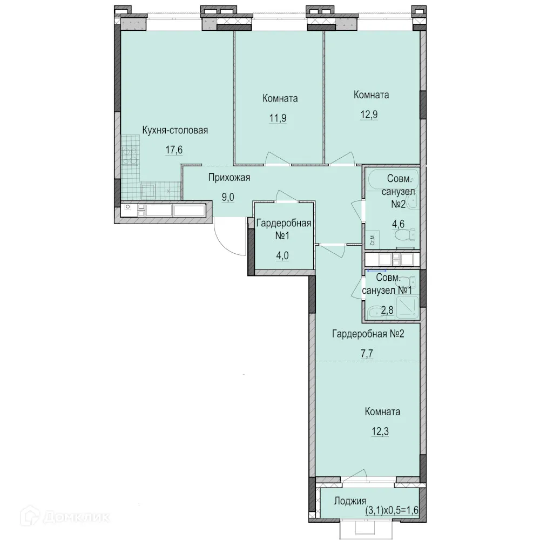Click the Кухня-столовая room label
pos(175,130)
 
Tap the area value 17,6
pos(174,150)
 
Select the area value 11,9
pos(278,118)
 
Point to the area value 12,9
pos(369,114)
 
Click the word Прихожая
pos(229,178)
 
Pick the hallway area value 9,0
pos(228,197)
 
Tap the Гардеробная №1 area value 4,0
pos(282,255)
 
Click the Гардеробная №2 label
pos(368,334)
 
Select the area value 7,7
pos(367,353)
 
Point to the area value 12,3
pos(380,431)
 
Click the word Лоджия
pos(350,501)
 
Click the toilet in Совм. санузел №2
pos(406,235)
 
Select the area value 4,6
pos(398,224)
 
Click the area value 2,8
pos(387,310)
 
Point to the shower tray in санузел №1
pos(407,307)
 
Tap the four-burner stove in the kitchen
pos(130,156)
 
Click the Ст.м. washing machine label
pos(373,240)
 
